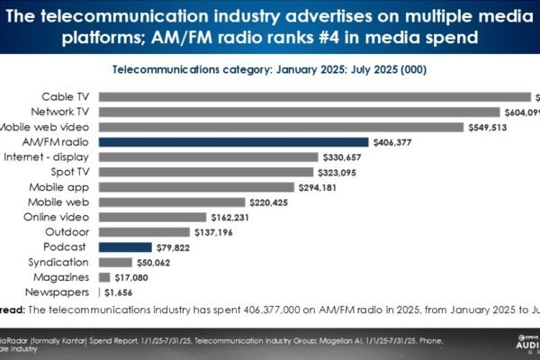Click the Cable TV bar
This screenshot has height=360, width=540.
(315, 97)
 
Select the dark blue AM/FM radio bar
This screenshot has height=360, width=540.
(234, 141)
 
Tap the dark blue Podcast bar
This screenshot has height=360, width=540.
(125, 247)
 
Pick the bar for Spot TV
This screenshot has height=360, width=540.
(206, 172)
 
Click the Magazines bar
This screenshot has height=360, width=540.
(104, 277)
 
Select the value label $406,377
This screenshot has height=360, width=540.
(397, 142)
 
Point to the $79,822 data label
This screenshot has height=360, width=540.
(176, 247)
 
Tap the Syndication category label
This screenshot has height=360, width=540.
(58, 262)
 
